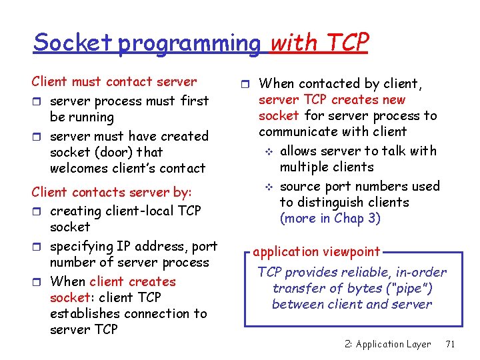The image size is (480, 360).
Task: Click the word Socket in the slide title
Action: pos(73,43)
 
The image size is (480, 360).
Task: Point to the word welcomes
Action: pos(78,168)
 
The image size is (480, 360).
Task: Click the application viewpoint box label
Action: pos(316,252)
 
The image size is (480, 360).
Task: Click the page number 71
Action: pos(450,344)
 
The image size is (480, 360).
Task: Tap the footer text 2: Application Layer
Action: pos(388,344)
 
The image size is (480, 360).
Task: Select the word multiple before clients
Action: pos(307,167)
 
